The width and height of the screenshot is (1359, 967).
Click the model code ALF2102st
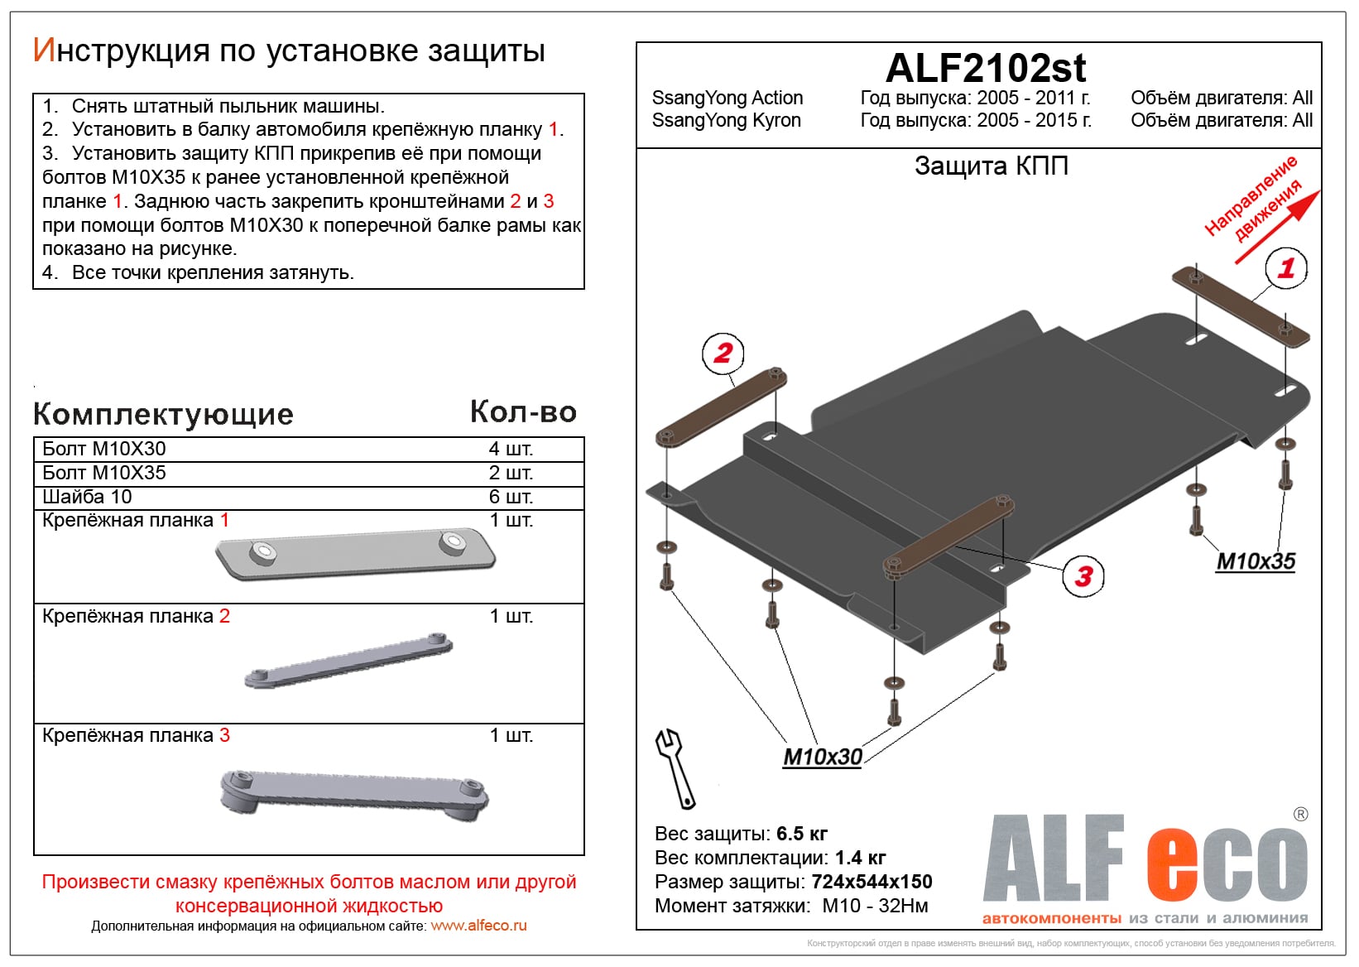pos(985,68)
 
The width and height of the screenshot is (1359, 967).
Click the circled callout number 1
pos(1286,268)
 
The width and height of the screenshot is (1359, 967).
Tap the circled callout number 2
pos(723,354)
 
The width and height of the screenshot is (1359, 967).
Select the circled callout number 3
pos(1083,575)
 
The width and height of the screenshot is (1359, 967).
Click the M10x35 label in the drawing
pos(1255,561)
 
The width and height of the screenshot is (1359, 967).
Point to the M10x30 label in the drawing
pos(822,757)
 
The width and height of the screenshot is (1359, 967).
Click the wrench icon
pos(675,768)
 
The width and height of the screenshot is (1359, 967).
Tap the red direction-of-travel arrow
pos(1279,228)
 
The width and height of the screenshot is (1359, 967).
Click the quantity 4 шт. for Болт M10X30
pos(511,449)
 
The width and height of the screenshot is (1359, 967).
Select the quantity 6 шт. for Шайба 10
pos(511,497)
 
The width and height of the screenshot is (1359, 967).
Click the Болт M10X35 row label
pos(104,473)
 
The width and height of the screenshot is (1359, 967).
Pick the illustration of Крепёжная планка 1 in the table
pos(355,553)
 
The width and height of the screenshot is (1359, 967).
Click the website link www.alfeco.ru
pos(478,926)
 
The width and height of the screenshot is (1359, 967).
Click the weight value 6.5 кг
pos(802,834)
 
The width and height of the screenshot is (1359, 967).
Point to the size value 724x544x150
pos(872,882)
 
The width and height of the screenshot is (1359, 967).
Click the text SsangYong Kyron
pos(726,121)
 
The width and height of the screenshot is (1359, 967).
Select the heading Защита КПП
pos(991,166)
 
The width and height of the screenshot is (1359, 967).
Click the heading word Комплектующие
pos(163,414)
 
